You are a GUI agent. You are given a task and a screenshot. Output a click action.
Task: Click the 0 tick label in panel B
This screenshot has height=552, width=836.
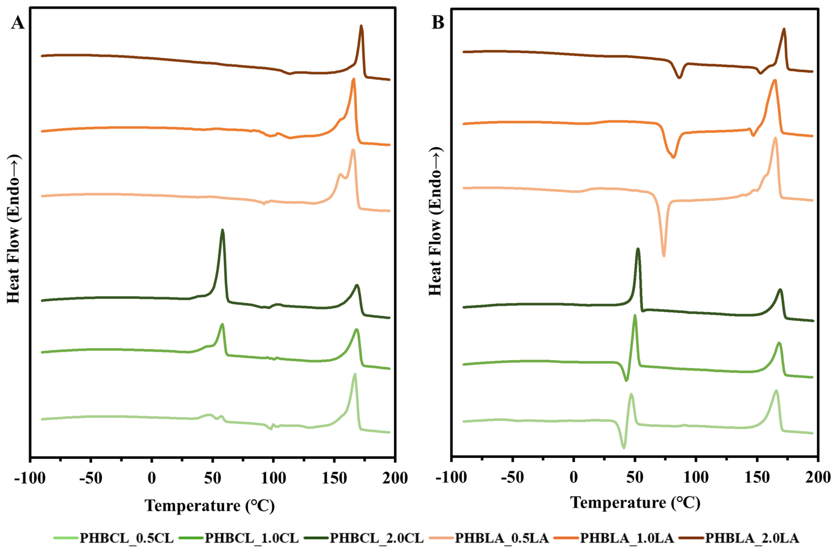(x=573, y=478)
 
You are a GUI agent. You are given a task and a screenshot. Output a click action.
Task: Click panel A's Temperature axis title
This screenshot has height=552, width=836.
(x=210, y=506)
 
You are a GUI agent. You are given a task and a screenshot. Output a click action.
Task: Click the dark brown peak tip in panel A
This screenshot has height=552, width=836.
(x=361, y=26)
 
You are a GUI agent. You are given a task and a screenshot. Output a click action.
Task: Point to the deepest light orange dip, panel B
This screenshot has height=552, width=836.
(x=663, y=256)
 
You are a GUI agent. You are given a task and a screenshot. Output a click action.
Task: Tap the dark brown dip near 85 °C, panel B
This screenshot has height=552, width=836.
(x=679, y=77)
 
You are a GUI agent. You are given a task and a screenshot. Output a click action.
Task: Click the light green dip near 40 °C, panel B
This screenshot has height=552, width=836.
(x=624, y=447)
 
